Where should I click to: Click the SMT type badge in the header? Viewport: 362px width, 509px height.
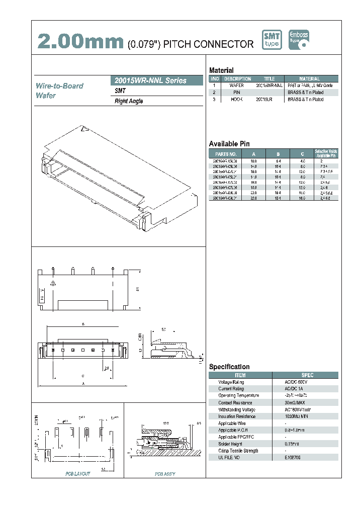pyautogui.click(x=272, y=40)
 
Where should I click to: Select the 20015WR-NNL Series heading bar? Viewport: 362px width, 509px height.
pyautogui.click(x=156, y=80)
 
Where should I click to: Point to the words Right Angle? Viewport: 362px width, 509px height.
pyautogui.click(x=129, y=101)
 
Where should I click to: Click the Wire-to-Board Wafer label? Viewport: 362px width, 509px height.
pyautogui.click(x=59, y=91)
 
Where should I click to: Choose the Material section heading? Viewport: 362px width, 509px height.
pyautogui.click(x=221, y=70)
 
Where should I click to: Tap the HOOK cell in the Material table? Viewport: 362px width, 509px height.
pyautogui.click(x=236, y=100)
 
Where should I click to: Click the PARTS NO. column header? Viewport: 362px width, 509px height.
pyautogui.click(x=225, y=154)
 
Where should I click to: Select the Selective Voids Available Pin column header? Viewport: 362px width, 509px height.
pyautogui.click(x=326, y=153)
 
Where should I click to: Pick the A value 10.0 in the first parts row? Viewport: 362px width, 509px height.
pyautogui.click(x=254, y=160)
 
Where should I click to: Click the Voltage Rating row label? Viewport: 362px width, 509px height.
pyautogui.click(x=231, y=382)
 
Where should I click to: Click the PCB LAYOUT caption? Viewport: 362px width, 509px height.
pyautogui.click(x=77, y=474)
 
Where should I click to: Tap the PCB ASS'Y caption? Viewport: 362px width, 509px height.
pyautogui.click(x=165, y=474)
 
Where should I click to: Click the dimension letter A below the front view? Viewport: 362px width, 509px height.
pyautogui.click(x=83, y=384)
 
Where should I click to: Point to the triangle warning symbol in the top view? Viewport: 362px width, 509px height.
pyautogui.click(x=53, y=283)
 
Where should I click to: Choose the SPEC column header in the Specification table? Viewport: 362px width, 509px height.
pyautogui.click(x=307, y=375)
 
